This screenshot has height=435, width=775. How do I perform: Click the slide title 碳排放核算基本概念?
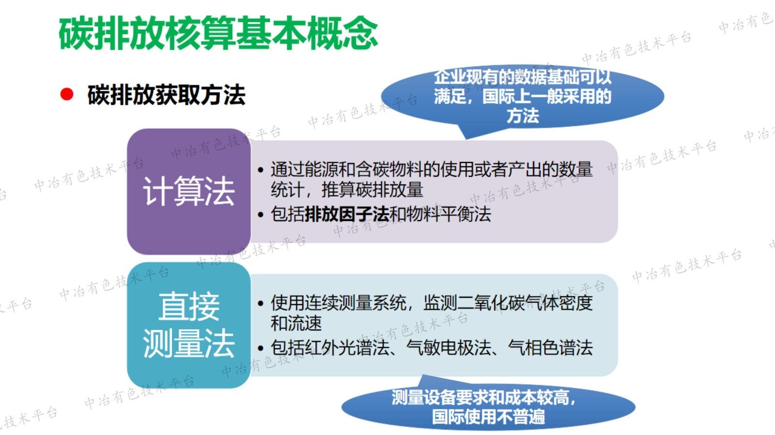point(218,33)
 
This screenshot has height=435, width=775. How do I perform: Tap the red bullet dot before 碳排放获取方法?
point(67,94)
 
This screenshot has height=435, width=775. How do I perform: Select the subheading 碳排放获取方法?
point(166,95)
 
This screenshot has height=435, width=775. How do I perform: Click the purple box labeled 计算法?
point(188,191)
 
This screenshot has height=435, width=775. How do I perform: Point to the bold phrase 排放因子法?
point(347,214)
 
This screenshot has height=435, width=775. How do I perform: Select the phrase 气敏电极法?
point(449,347)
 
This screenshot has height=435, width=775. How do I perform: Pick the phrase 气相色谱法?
point(550,347)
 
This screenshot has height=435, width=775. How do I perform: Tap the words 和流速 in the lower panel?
point(296,323)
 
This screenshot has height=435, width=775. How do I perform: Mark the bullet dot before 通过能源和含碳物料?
point(261,170)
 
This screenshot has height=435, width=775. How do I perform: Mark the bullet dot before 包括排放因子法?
point(261,214)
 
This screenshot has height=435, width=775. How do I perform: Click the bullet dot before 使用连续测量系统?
point(261,304)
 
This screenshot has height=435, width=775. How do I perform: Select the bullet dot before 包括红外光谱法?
point(261,348)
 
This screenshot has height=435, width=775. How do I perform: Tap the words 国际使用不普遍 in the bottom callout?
point(488,417)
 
